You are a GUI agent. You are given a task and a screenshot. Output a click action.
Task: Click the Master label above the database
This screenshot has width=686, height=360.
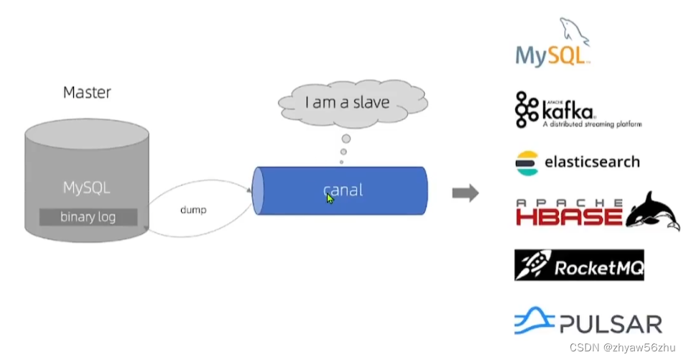(87, 92)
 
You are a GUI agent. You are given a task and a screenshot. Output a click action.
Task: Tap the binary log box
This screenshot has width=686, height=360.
(88, 216)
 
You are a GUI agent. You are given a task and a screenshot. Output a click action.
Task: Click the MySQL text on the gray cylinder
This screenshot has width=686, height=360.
(87, 188)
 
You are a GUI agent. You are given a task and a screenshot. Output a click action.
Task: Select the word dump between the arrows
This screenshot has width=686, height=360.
(193, 210)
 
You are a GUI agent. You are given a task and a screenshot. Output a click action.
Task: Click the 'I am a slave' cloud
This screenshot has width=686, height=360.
(347, 103)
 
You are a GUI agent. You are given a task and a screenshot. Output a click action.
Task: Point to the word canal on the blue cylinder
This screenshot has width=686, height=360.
(343, 190)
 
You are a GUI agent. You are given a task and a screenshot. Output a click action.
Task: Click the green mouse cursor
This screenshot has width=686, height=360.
(330, 197)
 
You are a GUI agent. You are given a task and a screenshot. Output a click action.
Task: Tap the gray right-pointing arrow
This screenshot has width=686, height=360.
(465, 193)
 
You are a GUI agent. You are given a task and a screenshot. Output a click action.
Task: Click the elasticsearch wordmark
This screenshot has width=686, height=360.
(592, 162)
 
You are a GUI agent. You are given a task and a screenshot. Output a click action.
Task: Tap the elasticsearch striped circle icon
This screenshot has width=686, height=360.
(526, 162)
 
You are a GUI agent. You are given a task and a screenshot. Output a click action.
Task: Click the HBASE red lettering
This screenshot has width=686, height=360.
(569, 215)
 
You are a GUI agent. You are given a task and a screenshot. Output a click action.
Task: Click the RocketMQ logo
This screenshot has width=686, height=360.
(578, 266)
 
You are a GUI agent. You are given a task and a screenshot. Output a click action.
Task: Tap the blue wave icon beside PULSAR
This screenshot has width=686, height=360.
(534, 321)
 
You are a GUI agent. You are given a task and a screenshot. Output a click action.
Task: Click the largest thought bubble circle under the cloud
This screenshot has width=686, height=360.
(346, 139)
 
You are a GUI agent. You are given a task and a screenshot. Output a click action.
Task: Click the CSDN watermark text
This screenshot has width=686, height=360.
(622, 348)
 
